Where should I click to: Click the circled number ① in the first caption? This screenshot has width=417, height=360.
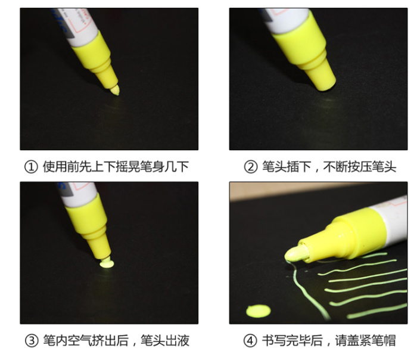pyautogui.click(x=31, y=167)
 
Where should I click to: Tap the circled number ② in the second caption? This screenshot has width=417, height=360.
pyautogui.click(x=251, y=167)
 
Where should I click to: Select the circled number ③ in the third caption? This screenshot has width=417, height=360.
pyautogui.click(x=32, y=340)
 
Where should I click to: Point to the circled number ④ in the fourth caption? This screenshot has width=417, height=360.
pyautogui.click(x=250, y=340)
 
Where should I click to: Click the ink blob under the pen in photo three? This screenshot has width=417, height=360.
pyautogui.click(x=107, y=264)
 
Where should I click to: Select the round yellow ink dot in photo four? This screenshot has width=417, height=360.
pyautogui.click(x=258, y=311)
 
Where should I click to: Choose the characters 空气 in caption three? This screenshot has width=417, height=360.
pyautogui.click(x=80, y=340)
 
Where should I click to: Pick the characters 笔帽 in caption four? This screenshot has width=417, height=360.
pyautogui.click(x=384, y=340)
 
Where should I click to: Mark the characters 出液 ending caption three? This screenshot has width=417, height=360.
pyautogui.click(x=177, y=340)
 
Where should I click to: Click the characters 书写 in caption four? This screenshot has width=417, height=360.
pyautogui.click(x=273, y=340)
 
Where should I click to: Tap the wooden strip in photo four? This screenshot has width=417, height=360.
pyautogui.click(x=292, y=190)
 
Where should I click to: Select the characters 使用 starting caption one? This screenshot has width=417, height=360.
pyautogui.click(x=55, y=167)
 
